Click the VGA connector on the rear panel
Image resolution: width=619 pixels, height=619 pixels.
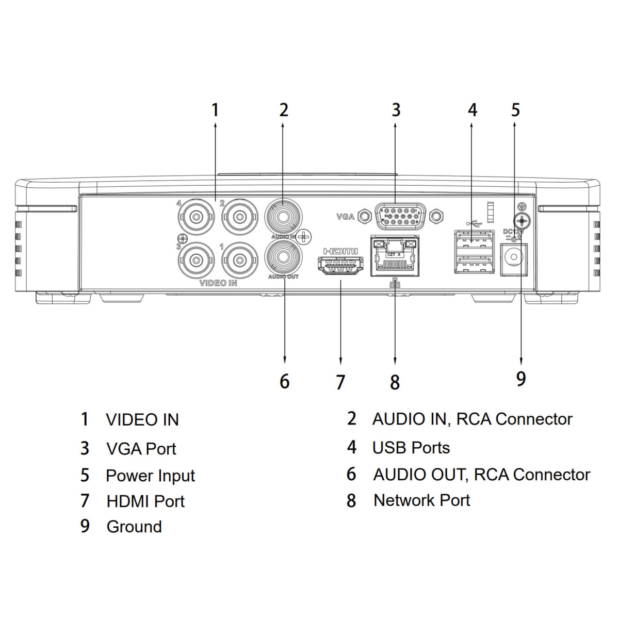coord(400,216)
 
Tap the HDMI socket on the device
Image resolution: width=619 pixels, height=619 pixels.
coord(340,265)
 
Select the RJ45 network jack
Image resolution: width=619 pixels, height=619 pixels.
coord(395,255)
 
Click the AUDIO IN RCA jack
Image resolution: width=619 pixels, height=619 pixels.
coord(283,216)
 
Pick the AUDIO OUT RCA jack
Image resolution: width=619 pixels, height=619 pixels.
coord(283,257)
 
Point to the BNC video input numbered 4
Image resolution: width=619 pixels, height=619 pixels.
coord(196,216)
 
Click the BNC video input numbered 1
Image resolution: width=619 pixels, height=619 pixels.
coord(239,260)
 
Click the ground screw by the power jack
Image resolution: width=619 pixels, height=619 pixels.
coord(522,221)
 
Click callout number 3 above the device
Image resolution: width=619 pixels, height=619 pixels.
coord(396,110)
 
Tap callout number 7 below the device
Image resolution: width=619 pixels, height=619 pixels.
coord(340,382)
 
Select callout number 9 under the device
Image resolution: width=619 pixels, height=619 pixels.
coord(521,379)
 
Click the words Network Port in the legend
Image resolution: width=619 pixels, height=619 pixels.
coord(421,500)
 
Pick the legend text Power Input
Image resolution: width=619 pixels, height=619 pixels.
coord(150,476)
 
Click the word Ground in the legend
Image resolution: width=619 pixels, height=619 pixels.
coord(134,527)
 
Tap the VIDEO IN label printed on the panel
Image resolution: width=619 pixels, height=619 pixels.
coord(218,283)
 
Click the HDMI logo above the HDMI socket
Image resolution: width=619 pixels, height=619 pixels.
coord(340,251)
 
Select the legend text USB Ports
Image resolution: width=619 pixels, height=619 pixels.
coord(411,448)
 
